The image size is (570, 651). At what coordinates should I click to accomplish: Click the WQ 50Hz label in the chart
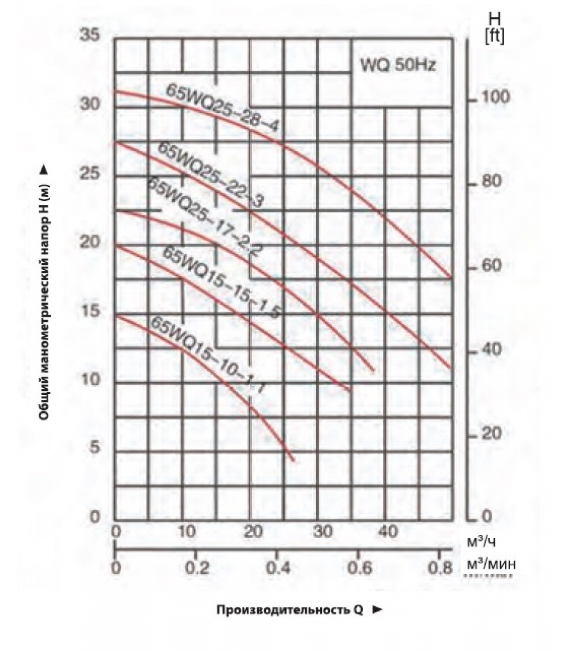pos(398,65)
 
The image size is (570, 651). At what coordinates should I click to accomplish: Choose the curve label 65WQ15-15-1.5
pos(221,282)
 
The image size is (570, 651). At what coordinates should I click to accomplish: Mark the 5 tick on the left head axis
pos(94,448)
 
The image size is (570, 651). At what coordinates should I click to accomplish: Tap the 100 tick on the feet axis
pos(495,97)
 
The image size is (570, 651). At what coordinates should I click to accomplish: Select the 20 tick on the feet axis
pos(491,434)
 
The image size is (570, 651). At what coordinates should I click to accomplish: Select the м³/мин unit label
pos(491,565)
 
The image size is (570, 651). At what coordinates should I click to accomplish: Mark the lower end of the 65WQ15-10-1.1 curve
pos(293,460)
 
